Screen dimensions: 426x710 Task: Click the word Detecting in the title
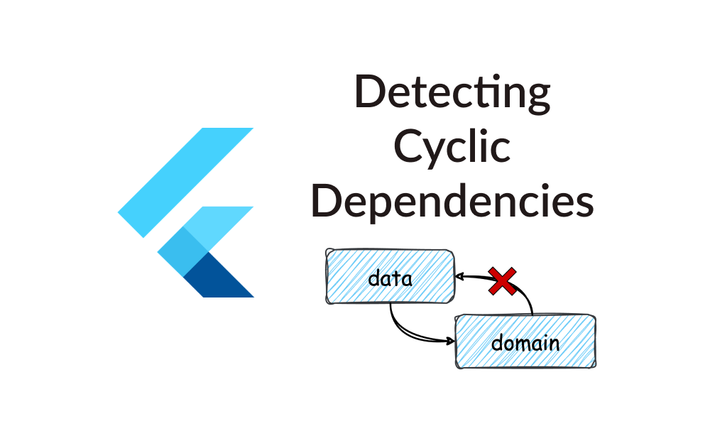point(452,94)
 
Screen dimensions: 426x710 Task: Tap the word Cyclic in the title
point(452,148)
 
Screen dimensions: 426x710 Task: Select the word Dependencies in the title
point(452,201)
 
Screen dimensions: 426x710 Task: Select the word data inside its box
point(390,278)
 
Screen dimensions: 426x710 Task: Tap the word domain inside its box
point(525,344)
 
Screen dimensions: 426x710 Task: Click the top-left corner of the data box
point(327,251)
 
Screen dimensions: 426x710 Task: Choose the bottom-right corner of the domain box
point(594,366)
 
